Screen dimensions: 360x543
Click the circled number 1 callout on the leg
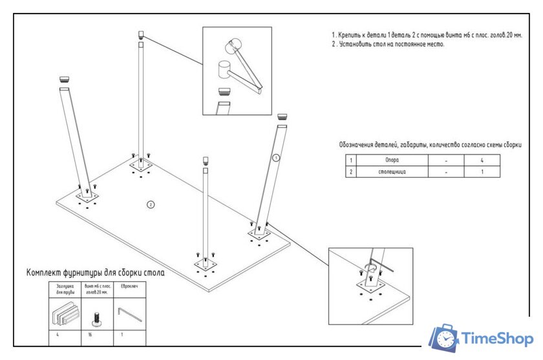pyautogui.click(x=275, y=157)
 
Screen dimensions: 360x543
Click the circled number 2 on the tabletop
pyautogui.click(x=151, y=205)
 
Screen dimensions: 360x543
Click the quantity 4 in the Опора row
pyautogui.click(x=482, y=159)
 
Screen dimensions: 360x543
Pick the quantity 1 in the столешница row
pyautogui.click(x=482, y=173)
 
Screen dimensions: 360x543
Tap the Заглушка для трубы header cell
pyautogui.click(x=65, y=288)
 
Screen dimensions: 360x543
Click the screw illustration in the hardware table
pyautogui.click(x=96, y=317)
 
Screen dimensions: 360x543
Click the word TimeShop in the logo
pyautogui.click(x=496, y=339)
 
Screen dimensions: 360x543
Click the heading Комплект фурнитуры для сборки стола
pyautogui.click(x=95, y=273)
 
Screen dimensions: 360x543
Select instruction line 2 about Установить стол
pyautogui.click(x=388, y=45)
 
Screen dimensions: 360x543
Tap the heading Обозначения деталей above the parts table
pyautogui.click(x=430, y=145)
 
